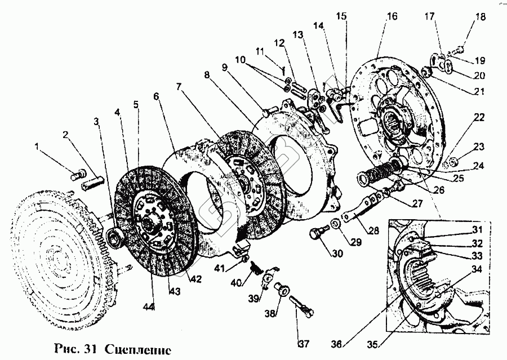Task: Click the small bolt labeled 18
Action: coord(459,49)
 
